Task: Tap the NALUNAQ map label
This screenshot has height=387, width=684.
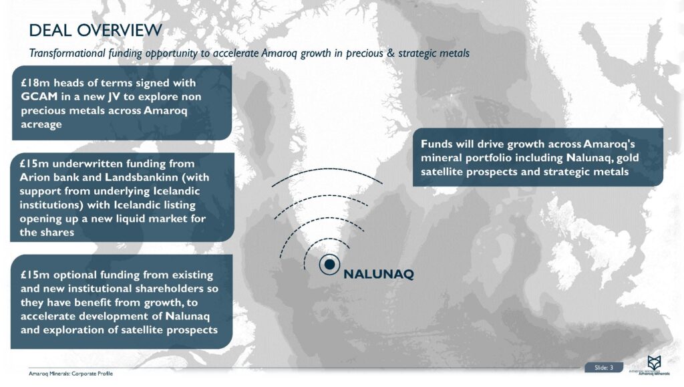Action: tap(379, 274)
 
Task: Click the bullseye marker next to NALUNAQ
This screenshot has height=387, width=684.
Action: tap(329, 265)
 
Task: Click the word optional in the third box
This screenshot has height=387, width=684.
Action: tap(73, 275)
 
